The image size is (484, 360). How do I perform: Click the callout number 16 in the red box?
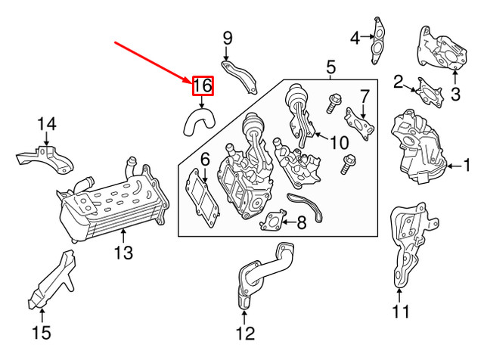[x=203, y=85]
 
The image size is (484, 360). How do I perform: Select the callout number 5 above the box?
[x=330, y=69]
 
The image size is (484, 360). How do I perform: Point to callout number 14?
[x=48, y=123]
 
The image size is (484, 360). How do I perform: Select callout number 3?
[x=455, y=94]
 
